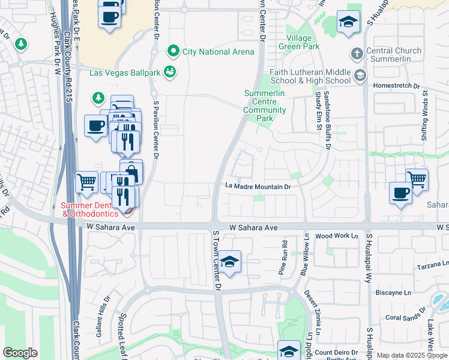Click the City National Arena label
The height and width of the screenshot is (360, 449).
click(218, 52)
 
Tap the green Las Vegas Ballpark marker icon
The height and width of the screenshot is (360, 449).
click(170, 73)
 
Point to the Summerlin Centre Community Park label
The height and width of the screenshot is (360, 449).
click(265, 101)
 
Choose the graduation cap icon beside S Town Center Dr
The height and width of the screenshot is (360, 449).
click(229, 262)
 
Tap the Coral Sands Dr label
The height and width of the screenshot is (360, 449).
click(405, 314)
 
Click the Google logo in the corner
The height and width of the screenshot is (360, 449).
click(20, 353)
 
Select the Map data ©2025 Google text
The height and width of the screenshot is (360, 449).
click(412, 355)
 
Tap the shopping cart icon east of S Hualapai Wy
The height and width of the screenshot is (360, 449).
click(417, 178)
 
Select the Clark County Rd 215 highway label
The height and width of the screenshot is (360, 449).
click(67, 60)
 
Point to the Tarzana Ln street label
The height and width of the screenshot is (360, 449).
click(436, 263)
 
